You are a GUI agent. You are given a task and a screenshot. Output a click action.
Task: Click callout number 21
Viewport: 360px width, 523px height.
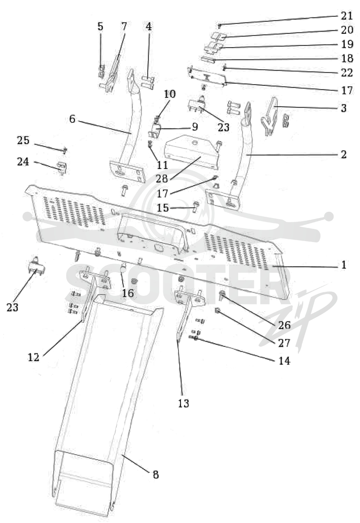[346, 16]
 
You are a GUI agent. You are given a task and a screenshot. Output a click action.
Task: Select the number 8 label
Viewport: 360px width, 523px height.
[156, 474]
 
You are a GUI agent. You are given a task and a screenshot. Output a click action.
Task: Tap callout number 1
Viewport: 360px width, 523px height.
[344, 265]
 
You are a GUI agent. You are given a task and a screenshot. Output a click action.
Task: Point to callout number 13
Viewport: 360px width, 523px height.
[183, 403]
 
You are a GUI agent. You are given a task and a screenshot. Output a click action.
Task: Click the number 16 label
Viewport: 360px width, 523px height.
[127, 293]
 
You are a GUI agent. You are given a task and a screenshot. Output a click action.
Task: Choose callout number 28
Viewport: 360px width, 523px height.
[162, 179]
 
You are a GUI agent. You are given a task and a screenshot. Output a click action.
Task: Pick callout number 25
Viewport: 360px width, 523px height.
[23, 140]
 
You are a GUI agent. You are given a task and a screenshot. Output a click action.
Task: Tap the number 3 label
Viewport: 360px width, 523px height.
[343, 108]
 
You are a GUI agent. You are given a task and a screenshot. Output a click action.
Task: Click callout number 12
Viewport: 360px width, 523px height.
[33, 357]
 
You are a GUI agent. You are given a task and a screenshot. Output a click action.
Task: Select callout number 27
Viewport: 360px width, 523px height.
[284, 343]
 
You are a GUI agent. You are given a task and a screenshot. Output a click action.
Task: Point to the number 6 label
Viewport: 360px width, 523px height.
[72, 119]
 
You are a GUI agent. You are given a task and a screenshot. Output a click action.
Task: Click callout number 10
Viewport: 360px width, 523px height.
[170, 94]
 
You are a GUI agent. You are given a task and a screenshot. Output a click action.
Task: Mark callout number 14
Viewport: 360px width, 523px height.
[284, 361]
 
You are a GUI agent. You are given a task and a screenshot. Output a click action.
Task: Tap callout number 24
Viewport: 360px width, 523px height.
[23, 162]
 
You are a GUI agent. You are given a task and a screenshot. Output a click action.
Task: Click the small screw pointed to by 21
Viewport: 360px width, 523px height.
[220, 25]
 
